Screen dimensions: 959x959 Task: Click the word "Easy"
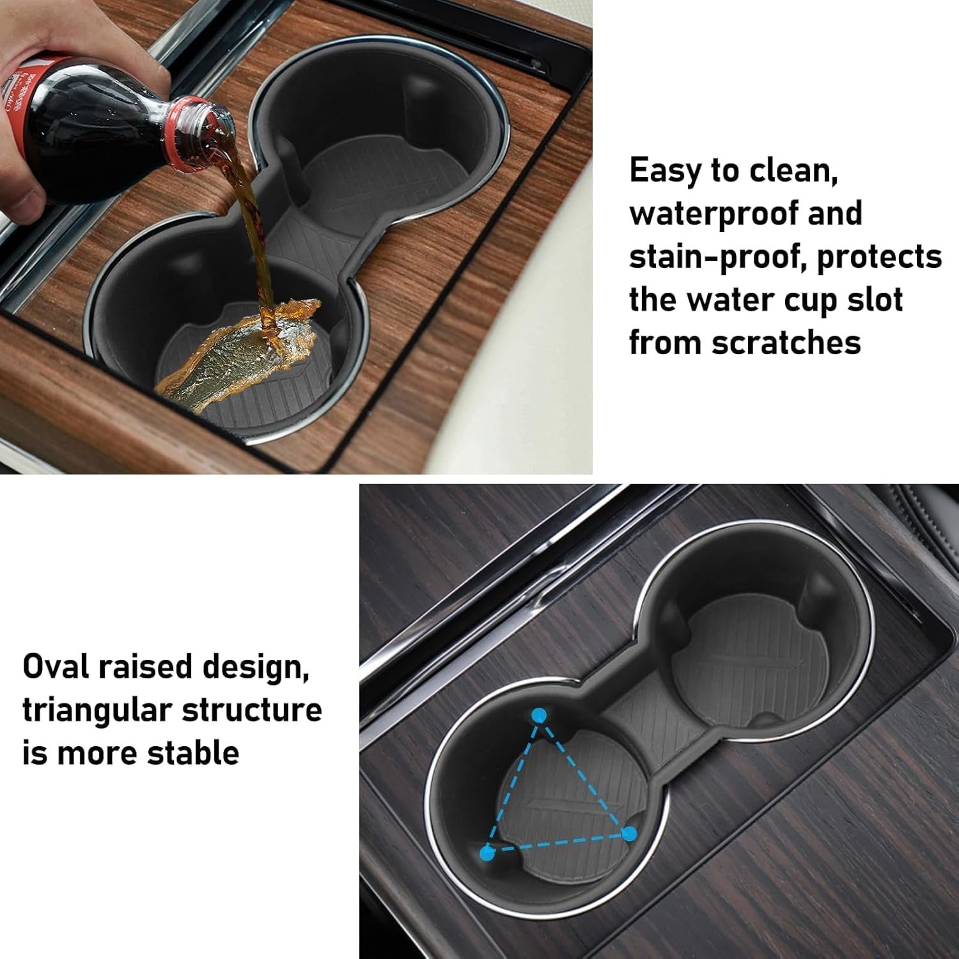pos(666,171)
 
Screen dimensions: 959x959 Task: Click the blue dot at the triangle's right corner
pos(629,832)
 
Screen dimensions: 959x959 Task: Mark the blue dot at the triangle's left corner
pos(487,852)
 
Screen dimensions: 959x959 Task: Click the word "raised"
pos(144,666)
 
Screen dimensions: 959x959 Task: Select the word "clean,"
pos(788,171)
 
